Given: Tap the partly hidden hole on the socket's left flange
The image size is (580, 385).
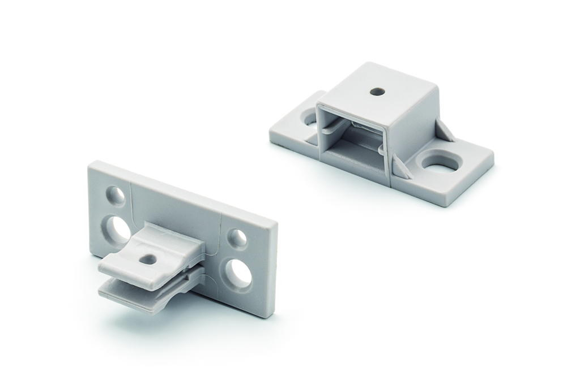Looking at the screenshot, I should [x=310, y=119].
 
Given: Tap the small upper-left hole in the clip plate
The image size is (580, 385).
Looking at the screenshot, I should [x=116, y=196].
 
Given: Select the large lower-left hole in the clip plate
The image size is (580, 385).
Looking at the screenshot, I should [x=118, y=230].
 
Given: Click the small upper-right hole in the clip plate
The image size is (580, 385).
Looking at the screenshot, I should [x=238, y=238].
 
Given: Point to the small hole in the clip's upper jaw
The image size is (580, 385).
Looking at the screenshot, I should [x=149, y=259].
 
